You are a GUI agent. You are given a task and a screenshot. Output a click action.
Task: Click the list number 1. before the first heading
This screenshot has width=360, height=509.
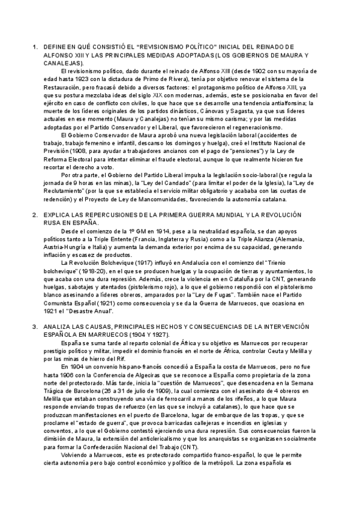[35, 46]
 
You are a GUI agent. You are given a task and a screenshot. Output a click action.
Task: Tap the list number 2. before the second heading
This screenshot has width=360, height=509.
[35, 214]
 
